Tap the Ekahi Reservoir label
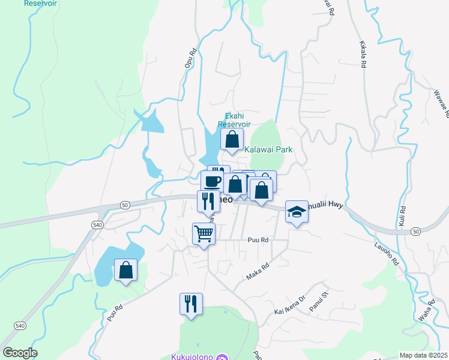coord(234,120)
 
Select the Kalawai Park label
coord(268,149)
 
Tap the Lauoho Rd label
coord(387,253)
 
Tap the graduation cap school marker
coord(296,212)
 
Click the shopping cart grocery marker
coord(204,233)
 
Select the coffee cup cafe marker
coord(212,181)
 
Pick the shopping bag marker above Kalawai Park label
coord(232,140)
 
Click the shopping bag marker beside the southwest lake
coord(126,270)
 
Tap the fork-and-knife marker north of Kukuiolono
coord(191,304)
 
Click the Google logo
coord(20,353)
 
